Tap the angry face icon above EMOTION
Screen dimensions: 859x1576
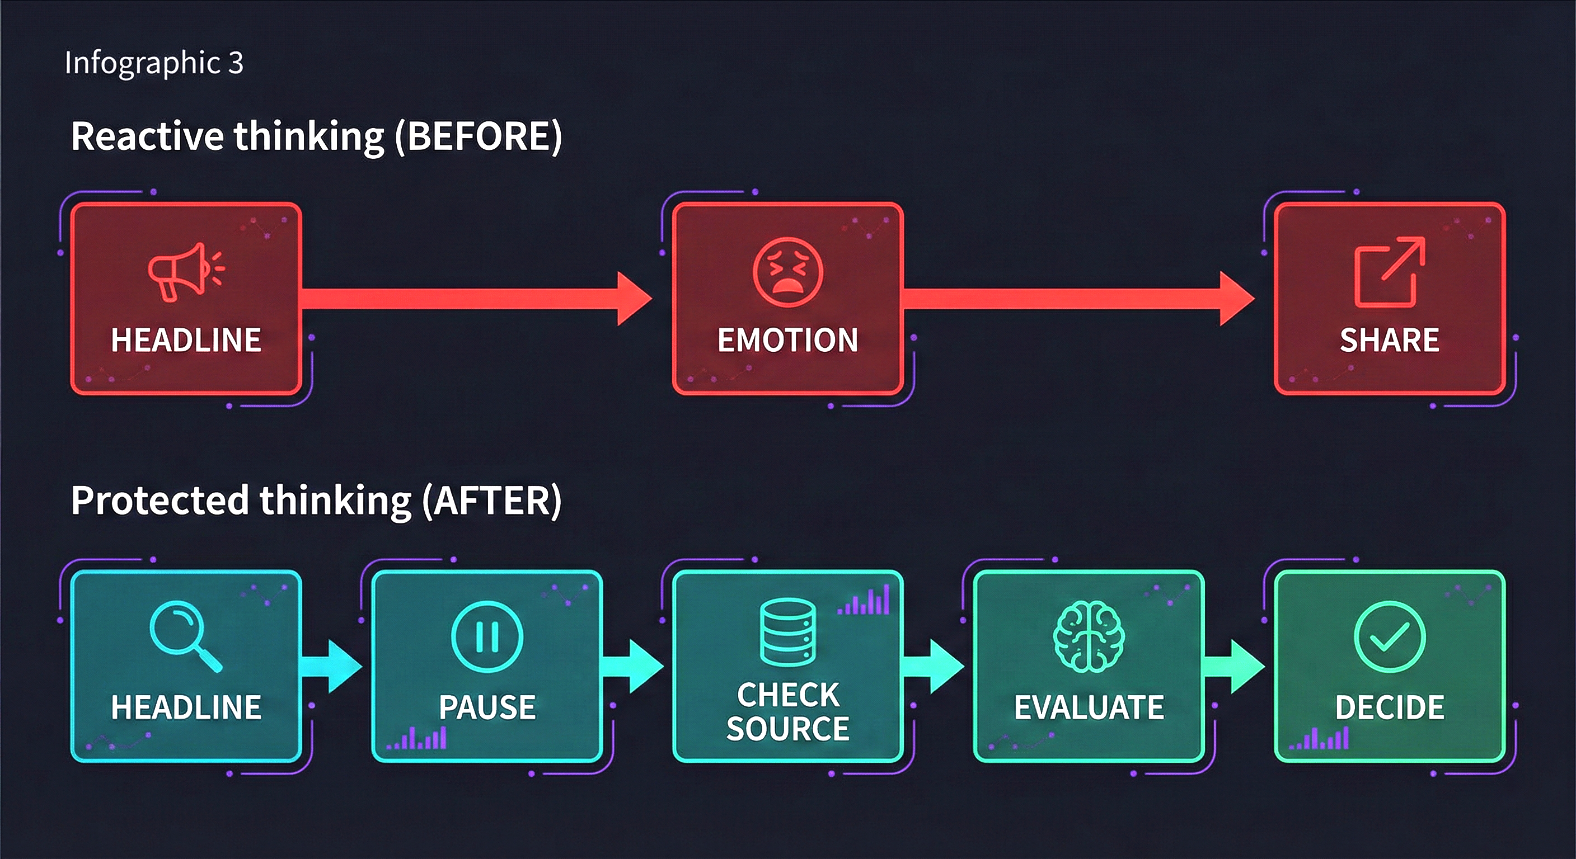pyautogui.click(x=787, y=272)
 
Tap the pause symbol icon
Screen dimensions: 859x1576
pyautogui.click(x=487, y=636)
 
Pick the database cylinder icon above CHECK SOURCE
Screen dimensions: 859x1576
pyautogui.click(x=787, y=631)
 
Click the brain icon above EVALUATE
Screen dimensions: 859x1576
pyautogui.click(x=1089, y=636)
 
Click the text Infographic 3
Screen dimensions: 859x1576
pyautogui.click(x=153, y=63)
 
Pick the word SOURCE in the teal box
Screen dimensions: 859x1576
pyautogui.click(x=787, y=728)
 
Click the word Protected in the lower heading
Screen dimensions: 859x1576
pyautogui.click(x=159, y=501)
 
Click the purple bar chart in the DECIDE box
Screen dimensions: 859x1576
pyautogui.click(x=1320, y=738)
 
